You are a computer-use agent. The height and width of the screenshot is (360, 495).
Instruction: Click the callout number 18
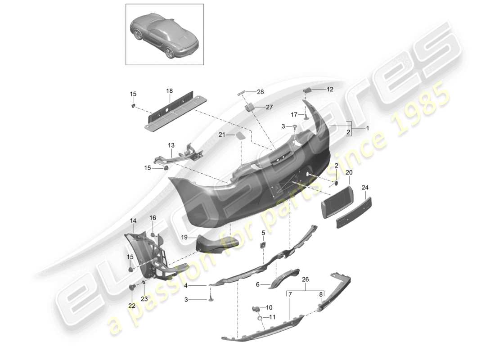tap(169, 91)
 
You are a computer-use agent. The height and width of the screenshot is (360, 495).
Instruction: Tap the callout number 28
tap(260, 92)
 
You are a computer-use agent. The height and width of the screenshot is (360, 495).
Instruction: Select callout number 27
tap(269, 108)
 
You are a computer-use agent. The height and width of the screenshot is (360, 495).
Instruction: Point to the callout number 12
tap(330, 90)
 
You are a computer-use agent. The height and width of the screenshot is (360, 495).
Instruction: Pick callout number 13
tap(171, 145)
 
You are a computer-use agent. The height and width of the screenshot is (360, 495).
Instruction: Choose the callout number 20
tap(349, 172)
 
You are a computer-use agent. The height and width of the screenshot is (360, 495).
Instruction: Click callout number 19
tap(184, 238)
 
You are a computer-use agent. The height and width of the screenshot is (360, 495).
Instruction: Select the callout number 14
tap(133, 220)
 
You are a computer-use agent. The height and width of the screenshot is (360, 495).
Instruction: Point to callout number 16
tap(153, 218)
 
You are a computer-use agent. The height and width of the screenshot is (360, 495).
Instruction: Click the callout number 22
tap(131, 306)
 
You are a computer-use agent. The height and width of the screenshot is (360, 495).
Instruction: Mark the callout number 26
tap(306, 279)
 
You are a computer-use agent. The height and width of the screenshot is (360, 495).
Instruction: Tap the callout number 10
tap(269, 308)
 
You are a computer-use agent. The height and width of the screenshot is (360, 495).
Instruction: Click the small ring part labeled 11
tap(261, 319)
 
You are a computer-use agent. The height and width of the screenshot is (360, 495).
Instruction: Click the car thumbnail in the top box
tap(164, 34)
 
